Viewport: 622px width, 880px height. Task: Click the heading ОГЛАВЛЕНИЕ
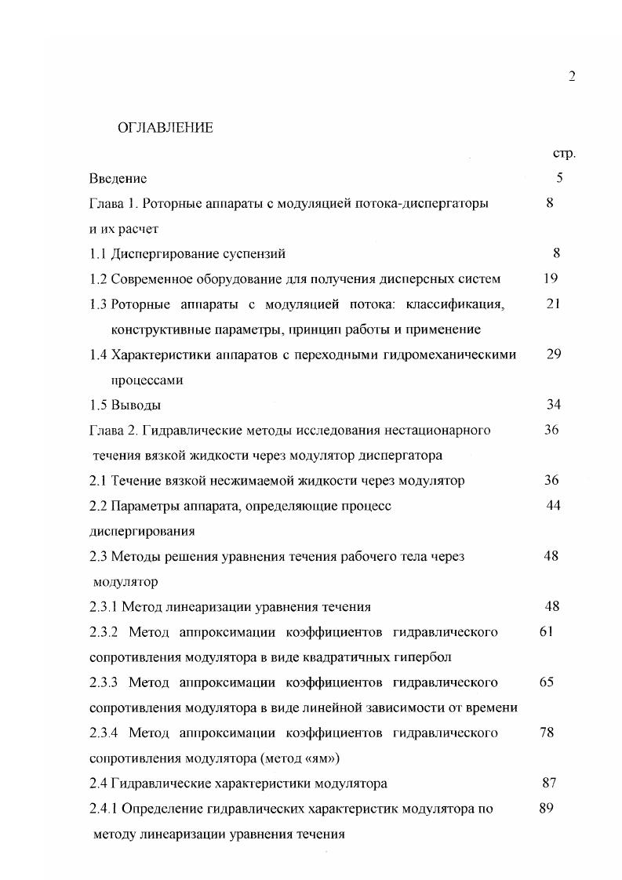pyautogui.click(x=165, y=128)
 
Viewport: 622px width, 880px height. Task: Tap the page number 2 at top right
pyautogui.click(x=572, y=76)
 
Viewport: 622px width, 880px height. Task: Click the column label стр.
pyautogui.click(x=565, y=153)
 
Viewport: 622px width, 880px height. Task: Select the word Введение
pyautogui.click(x=118, y=178)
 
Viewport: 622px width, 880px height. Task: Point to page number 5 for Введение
pyautogui.click(x=559, y=178)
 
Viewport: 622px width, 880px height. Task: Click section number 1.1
pyautogui.click(x=98, y=253)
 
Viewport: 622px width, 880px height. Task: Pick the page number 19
pyautogui.click(x=551, y=278)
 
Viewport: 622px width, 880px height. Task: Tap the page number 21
pyautogui.click(x=553, y=304)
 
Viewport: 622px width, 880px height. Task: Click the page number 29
pyautogui.click(x=554, y=354)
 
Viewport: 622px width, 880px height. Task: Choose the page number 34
pyautogui.click(x=554, y=405)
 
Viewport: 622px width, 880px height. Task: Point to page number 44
pyautogui.click(x=553, y=505)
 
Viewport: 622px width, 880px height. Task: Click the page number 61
pyautogui.click(x=547, y=631)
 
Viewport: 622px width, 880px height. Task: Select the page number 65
pyautogui.click(x=547, y=682)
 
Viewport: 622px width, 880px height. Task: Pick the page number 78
pyautogui.click(x=547, y=733)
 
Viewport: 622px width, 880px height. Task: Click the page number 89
pyautogui.click(x=547, y=808)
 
